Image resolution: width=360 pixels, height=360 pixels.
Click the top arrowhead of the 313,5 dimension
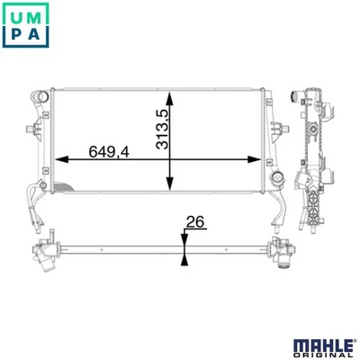170,96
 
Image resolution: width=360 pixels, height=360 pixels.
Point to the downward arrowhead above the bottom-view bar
183,238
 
